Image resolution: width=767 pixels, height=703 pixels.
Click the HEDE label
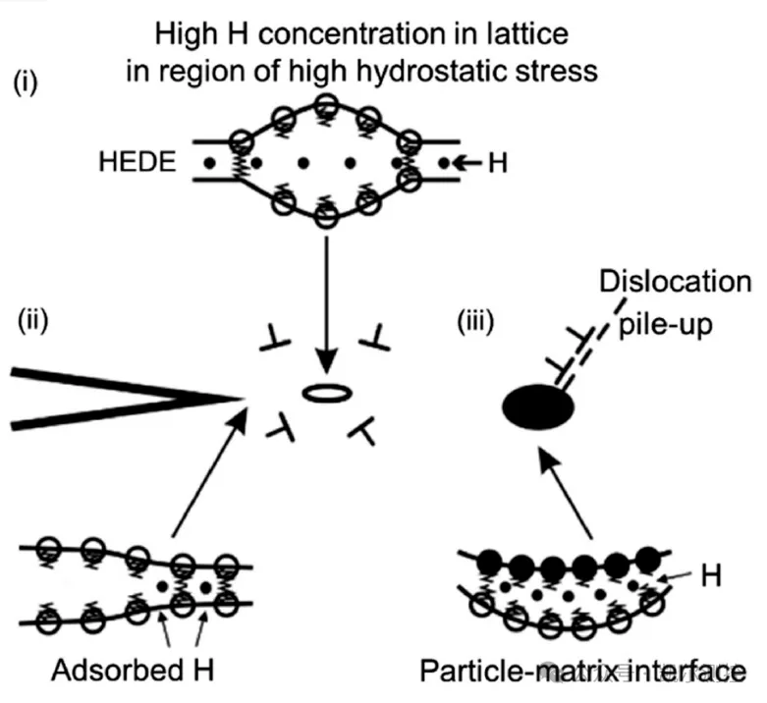point(137,162)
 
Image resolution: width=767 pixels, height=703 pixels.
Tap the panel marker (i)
point(25,82)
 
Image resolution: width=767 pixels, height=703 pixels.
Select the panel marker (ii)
point(32,321)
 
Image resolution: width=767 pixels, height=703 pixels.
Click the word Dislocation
point(675,282)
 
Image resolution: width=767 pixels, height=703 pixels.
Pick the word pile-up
point(665,325)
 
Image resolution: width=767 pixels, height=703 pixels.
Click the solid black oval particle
point(538,406)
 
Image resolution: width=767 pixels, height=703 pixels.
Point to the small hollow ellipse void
point(327,393)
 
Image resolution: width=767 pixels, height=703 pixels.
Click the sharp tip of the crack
point(245,399)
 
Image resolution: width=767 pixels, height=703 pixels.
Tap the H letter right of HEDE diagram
point(498,163)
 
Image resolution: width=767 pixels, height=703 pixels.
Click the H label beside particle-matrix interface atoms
point(711,575)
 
